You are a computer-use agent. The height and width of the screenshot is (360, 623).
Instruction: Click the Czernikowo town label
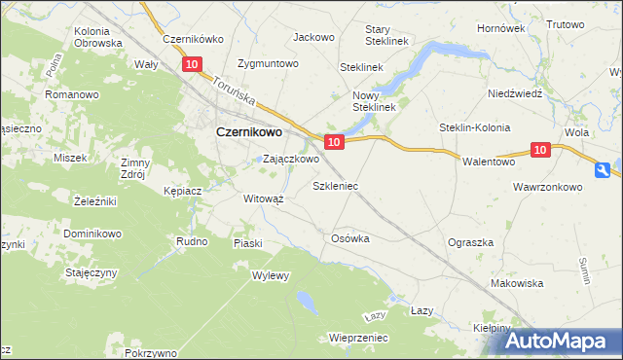coord(248,132)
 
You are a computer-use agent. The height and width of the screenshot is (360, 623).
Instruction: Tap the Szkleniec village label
coord(336,185)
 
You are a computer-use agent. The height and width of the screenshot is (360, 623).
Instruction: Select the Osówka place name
coord(352,238)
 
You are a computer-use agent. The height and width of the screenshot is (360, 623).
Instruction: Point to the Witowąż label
coord(263,198)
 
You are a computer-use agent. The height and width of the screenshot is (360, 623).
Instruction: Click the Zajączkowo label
coord(291,159)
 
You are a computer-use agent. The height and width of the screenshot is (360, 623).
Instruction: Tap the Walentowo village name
coord(488,162)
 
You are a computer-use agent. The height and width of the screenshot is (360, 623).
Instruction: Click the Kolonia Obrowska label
coord(98,37)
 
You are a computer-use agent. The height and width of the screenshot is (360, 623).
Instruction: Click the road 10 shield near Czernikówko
coord(191,64)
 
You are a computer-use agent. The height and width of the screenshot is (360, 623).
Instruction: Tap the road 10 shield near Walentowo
coord(542,150)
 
